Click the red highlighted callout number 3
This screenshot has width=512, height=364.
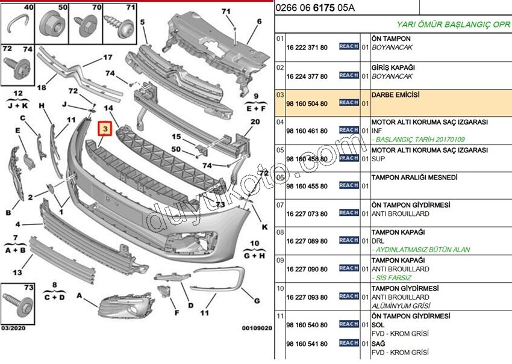[x=104, y=129]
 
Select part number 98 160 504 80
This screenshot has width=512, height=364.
[x=307, y=103]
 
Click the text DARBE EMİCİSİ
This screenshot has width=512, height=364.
[x=395, y=95]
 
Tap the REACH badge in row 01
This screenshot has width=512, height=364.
[x=349, y=46]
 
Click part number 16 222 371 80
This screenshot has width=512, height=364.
[x=307, y=47]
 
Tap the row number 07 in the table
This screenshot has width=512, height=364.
[x=279, y=205]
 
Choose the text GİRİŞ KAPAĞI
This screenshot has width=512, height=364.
[x=393, y=67]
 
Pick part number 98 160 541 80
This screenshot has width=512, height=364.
[x=307, y=344]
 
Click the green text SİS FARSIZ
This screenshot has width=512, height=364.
[x=392, y=278]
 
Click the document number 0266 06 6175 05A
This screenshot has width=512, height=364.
[x=314, y=8]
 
